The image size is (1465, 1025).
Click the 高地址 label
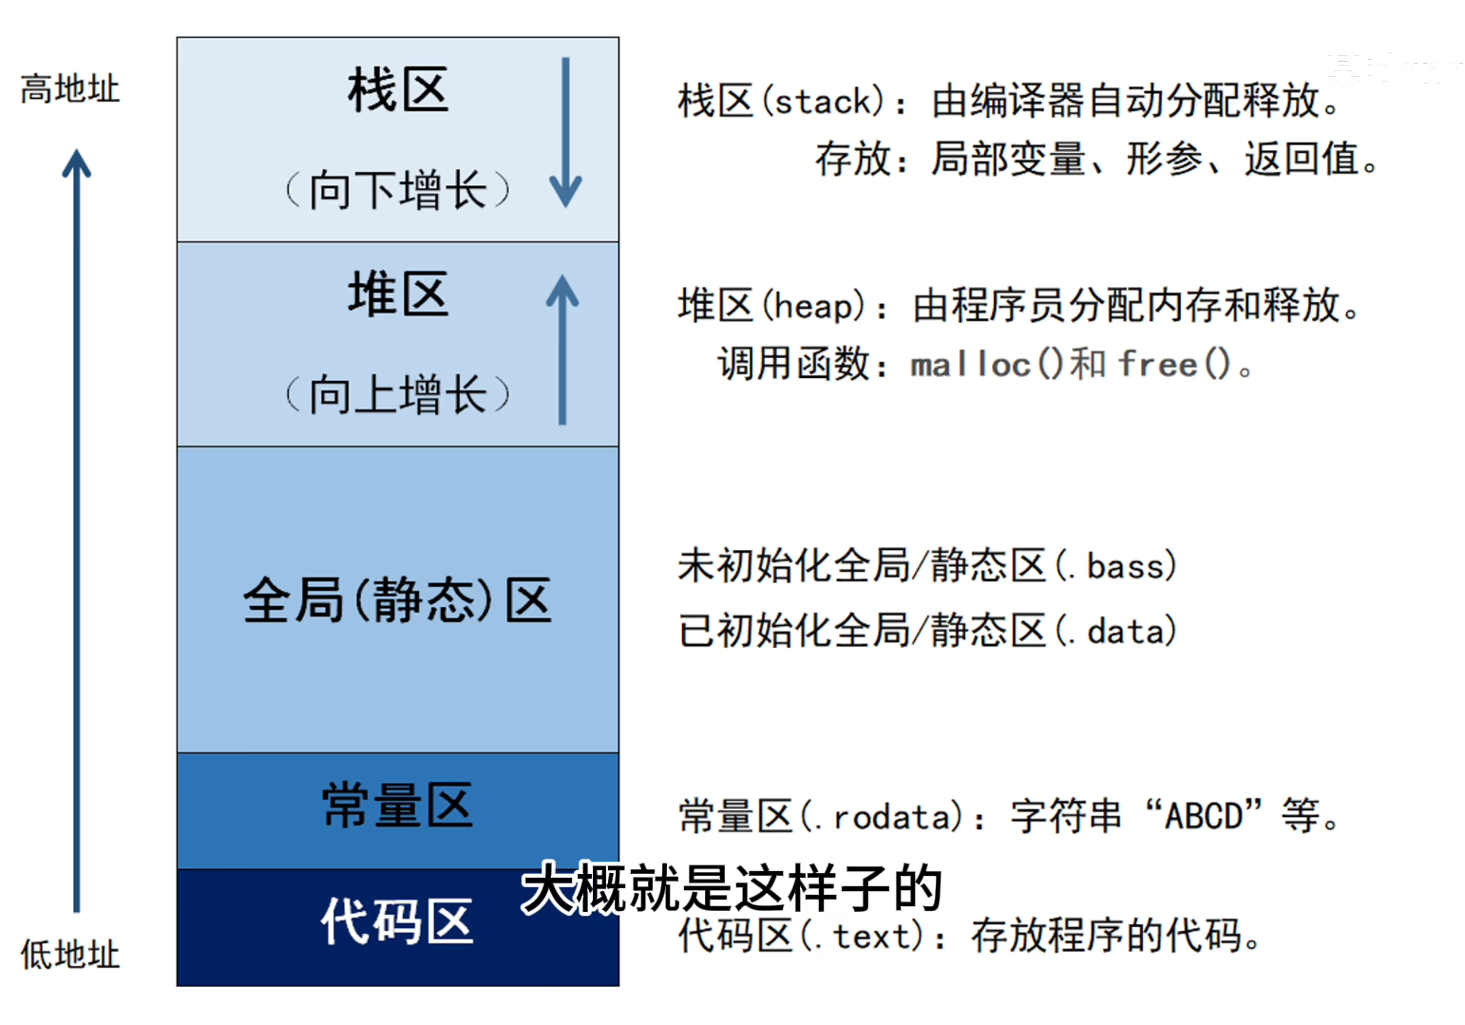point(70,89)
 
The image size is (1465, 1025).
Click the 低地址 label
point(70,954)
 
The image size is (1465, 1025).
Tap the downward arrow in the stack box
point(565,132)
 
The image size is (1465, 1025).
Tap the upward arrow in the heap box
point(562,349)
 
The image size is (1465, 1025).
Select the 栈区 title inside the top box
point(397,91)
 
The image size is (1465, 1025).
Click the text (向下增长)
point(397,190)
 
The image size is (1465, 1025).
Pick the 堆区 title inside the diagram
point(397,294)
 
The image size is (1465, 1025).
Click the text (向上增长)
point(397,394)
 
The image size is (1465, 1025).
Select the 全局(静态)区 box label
point(397,600)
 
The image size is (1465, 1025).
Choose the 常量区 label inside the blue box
point(397,807)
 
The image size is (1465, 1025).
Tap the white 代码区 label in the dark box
point(397,921)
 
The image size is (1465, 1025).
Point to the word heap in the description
point(814,307)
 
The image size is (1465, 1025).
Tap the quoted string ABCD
point(1204,816)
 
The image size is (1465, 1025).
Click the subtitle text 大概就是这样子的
point(732,889)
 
